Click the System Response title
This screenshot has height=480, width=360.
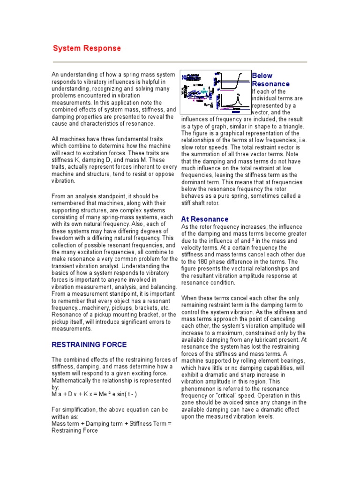coord(87,48)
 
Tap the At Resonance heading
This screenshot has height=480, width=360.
coord(204,219)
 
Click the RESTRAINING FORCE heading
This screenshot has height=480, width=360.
coord(89,345)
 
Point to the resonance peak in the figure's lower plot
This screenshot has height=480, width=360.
coord(238,97)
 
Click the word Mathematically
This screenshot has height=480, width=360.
coord(74,381)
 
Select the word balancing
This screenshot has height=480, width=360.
coord(162,286)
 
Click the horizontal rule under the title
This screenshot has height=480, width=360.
coord(180,62)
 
